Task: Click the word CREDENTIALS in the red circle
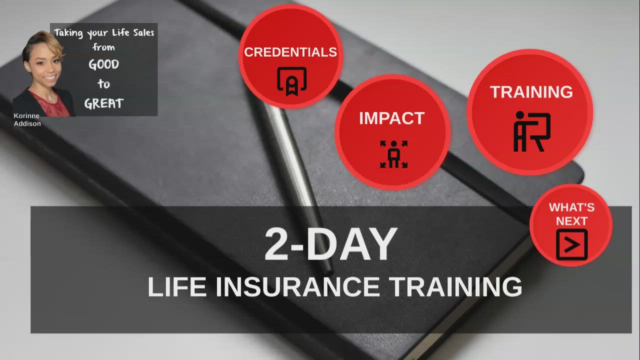(x=290, y=52)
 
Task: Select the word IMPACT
(x=391, y=118)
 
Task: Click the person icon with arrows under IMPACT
(x=393, y=154)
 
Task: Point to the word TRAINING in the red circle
(x=531, y=92)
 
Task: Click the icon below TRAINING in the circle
(x=532, y=131)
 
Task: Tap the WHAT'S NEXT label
(x=571, y=214)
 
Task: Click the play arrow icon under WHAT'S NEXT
(x=572, y=244)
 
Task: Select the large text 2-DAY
(x=330, y=244)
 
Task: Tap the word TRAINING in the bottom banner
(x=455, y=287)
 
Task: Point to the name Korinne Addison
(x=27, y=119)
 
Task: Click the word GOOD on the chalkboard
(x=103, y=64)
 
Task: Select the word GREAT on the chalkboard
(x=103, y=103)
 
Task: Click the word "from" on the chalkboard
(x=103, y=47)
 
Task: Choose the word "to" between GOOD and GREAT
(x=103, y=83)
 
